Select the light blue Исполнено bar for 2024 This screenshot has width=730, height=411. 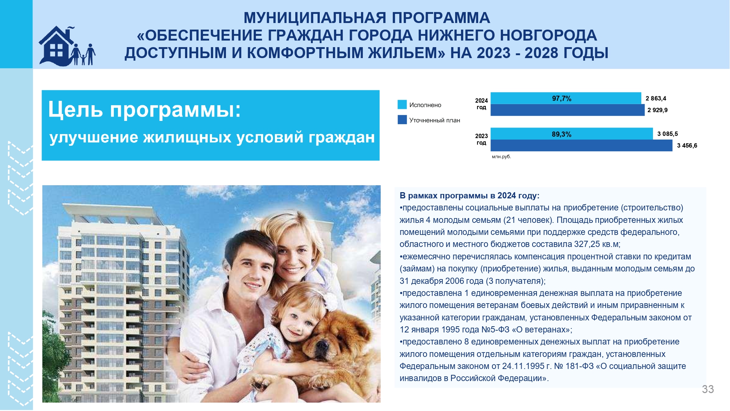(x=566, y=98)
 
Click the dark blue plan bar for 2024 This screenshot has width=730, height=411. (x=568, y=110)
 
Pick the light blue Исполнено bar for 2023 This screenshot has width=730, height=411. (x=572, y=134)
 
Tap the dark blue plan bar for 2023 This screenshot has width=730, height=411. (x=581, y=145)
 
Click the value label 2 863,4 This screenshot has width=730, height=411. (x=656, y=98)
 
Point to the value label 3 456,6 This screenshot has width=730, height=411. (x=687, y=145)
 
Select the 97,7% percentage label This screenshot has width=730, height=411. (x=562, y=99)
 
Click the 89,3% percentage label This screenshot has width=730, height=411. (x=562, y=134)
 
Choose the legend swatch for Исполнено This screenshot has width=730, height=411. (x=402, y=104)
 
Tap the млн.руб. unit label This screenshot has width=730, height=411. (x=502, y=157)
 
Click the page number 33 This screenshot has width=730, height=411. (x=708, y=389)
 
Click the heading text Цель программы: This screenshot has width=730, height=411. (x=145, y=110)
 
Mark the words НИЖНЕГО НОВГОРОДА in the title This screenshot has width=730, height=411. (x=507, y=35)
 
